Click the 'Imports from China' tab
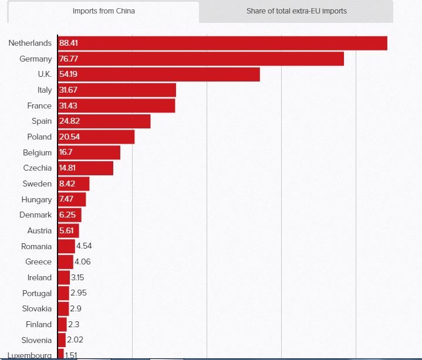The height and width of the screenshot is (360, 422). [x=103, y=11]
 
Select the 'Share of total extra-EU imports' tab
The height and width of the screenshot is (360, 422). [x=296, y=11]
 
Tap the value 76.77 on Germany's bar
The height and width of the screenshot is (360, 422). [x=69, y=59]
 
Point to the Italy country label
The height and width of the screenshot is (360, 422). [x=44, y=90]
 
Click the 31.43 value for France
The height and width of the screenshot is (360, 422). [x=68, y=106]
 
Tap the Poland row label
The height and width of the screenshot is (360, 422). [x=39, y=137]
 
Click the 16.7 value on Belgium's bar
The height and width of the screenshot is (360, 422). [x=66, y=152]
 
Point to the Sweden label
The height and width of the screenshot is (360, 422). [x=37, y=184]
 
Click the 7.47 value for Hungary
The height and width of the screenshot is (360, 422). [x=66, y=199]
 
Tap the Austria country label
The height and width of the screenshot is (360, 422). [x=39, y=230]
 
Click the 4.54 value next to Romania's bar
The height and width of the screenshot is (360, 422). [x=84, y=246]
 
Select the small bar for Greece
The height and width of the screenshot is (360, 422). [x=65, y=261]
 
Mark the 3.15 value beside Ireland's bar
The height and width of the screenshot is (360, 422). [x=77, y=277]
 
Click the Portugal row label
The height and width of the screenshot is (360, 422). [x=37, y=293]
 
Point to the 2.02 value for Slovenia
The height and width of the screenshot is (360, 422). [x=75, y=340]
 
